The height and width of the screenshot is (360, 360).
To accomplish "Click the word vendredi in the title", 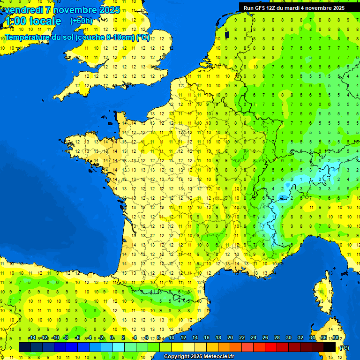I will coord(24,10).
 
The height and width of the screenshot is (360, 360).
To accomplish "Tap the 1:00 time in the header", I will coord(14,21).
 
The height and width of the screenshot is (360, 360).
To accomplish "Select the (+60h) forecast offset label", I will coord(81,21).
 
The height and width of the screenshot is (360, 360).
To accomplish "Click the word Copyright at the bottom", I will coord(177,357).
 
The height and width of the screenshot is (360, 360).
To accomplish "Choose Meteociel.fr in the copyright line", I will coord(218,357).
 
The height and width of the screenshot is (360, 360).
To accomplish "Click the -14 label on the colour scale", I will coord(32,338).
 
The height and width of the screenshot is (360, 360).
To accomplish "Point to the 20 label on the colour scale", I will coord(230,338).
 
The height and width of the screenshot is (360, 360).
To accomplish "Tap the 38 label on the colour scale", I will coord(335,338).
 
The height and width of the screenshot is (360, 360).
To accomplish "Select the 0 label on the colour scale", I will coord(112,338).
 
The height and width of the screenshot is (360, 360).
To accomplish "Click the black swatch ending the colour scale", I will coord(330,347).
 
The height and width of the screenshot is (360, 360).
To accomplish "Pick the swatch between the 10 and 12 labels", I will coord(177,347).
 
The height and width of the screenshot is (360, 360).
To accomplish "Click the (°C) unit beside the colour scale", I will coord(344,347).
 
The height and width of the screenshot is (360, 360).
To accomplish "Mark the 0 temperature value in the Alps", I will coord(320,179).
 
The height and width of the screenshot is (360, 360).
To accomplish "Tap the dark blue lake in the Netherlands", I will coord(227,34).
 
